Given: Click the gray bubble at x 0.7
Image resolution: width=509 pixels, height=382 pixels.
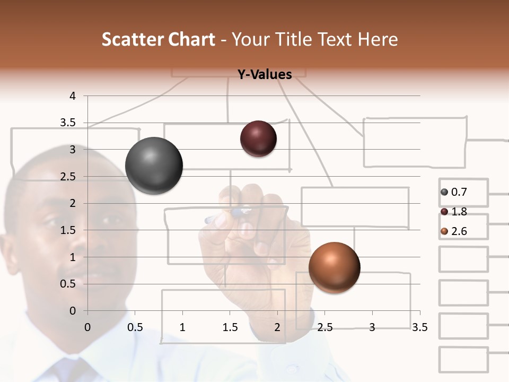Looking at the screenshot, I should tap(154, 166).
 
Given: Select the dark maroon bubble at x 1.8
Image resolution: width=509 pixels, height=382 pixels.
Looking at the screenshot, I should tap(258, 138).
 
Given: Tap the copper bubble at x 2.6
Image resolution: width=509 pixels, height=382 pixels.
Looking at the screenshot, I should tap(334, 267).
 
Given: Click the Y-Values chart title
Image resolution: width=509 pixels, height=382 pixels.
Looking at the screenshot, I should tap(264, 75).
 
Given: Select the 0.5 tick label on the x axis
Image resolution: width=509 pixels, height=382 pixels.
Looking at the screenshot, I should tap(135, 327).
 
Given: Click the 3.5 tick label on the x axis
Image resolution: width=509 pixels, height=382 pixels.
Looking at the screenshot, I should tap(419, 327).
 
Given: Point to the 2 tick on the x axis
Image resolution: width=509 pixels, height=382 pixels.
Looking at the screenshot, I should tap(277, 327).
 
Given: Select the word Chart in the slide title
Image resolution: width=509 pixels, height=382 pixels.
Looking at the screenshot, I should tap(191, 40).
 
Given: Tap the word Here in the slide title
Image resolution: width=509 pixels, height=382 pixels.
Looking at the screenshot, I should tap(378, 40).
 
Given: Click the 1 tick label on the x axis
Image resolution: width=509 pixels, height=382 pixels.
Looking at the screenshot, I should tap(182, 327).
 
